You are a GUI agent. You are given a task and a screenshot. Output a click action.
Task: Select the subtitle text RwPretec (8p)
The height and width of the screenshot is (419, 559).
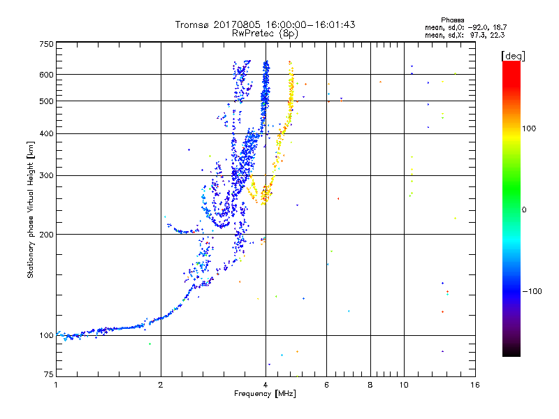coord(265,34)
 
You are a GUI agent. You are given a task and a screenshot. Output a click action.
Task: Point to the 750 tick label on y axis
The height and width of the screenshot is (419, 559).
coord(46,44)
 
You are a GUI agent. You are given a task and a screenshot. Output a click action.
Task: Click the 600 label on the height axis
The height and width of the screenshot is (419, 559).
coord(46,75)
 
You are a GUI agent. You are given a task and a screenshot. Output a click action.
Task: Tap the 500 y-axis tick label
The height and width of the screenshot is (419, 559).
coord(46,101)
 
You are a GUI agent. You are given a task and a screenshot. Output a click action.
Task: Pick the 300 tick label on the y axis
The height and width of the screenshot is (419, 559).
coord(46,176)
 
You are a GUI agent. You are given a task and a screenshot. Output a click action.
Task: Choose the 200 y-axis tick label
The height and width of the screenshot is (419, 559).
coord(46,235)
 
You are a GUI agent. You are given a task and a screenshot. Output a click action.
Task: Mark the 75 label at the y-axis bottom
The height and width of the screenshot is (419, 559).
coord(49,374)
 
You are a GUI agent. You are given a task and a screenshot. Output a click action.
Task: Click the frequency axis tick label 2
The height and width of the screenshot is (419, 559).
coord(161,385)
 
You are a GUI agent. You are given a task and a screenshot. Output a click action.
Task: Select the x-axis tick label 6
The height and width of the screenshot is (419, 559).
coord(326,385)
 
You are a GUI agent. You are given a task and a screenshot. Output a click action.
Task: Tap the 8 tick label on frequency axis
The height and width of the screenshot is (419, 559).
coord(370,385)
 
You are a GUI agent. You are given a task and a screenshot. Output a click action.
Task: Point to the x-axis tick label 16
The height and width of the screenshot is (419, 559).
coord(475,385)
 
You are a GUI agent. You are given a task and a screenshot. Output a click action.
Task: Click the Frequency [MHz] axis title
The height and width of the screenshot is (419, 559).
coord(265,394)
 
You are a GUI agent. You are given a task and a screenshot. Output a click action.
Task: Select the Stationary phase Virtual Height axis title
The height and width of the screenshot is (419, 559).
coord(31,209)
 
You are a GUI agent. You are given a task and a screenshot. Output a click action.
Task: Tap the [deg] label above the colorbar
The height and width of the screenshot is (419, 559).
coord(513,56)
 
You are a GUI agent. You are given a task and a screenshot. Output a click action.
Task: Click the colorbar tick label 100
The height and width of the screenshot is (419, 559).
coord(529,128)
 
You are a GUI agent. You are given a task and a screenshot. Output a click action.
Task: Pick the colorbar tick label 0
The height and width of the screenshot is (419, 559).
coord(524,210)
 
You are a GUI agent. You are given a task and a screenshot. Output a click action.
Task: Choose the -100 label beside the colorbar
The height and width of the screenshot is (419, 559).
coord(532,291)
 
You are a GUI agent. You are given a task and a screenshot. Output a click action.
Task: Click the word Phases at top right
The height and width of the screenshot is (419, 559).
coord(452,20)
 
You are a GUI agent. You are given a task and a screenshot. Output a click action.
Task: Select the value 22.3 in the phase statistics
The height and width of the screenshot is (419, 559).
coord(497,36)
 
